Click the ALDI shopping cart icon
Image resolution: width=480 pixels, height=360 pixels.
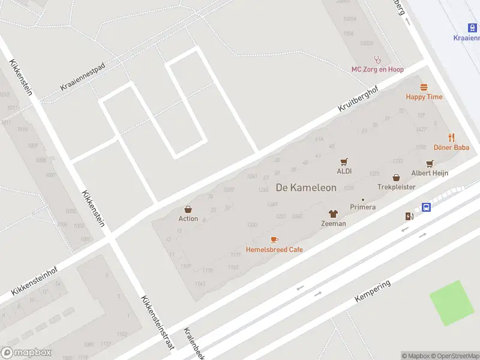click(x=344, y=161)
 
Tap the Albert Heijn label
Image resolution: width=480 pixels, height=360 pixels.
click(x=430, y=173)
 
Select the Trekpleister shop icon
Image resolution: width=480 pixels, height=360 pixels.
click(x=397, y=177)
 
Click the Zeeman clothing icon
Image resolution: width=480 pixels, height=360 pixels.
click(x=334, y=214)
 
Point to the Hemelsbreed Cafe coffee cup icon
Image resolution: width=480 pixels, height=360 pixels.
click(x=274, y=239)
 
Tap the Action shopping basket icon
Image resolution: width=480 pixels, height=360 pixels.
click(x=188, y=209)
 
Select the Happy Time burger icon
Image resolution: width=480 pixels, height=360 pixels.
click(x=424, y=87)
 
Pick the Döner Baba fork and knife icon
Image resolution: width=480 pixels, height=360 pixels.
click(x=451, y=137)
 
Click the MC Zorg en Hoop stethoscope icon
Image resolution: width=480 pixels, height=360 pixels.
click(x=377, y=59)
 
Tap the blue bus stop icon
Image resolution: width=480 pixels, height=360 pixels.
click(x=426, y=207)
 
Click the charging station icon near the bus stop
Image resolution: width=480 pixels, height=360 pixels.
click(x=409, y=216)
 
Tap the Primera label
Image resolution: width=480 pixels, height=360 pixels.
click(x=363, y=207)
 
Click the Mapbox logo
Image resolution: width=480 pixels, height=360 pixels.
click(x=26, y=353)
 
